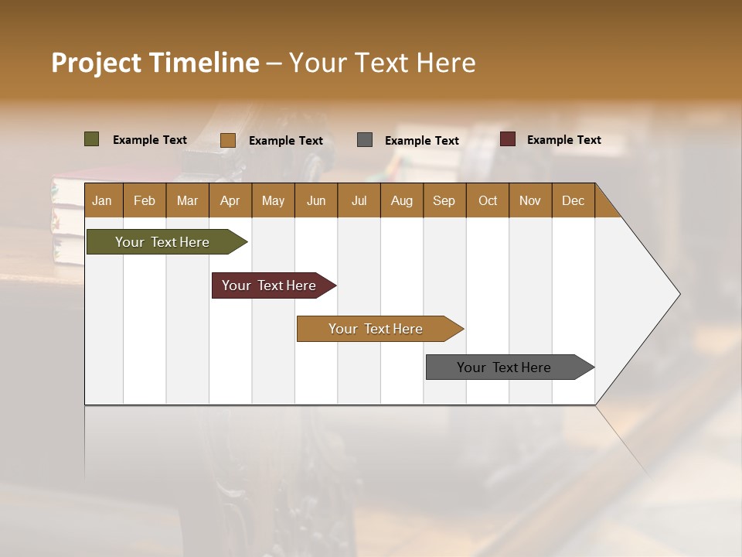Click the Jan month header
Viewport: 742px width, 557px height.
point(103,200)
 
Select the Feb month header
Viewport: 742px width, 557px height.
point(145,200)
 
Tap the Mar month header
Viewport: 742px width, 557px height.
point(187,200)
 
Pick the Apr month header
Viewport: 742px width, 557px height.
point(230,200)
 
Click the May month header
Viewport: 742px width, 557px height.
point(273,200)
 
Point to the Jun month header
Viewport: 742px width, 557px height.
point(316,200)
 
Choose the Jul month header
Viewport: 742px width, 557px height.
point(359,200)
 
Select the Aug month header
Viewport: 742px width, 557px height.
point(402,200)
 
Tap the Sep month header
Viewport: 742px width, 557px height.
point(444,200)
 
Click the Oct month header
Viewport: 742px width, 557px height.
point(488,200)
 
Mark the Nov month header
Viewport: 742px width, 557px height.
point(530,200)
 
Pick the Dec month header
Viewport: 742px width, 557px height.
point(574,200)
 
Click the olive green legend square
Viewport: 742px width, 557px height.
point(92,139)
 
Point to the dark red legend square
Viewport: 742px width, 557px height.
point(508,139)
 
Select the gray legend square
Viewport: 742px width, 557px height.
point(365,139)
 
